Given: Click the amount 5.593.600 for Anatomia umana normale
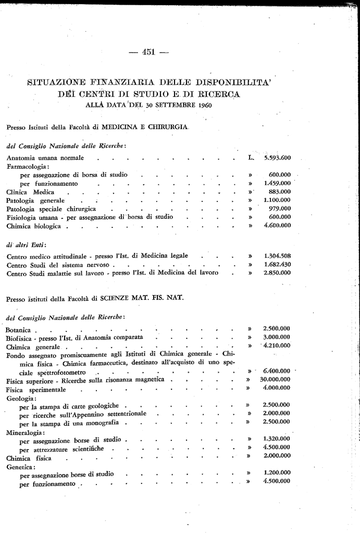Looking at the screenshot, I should coord(277,157).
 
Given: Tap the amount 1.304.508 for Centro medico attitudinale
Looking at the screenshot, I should coord(277,256).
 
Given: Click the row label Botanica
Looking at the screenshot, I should coord(19,330).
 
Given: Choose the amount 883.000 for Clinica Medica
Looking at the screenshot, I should coord(280,192).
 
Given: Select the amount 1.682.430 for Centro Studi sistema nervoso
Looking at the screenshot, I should coord(277,264).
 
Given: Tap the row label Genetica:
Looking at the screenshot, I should coord(19,466).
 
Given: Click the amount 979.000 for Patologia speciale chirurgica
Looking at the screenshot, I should coord(280,209).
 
